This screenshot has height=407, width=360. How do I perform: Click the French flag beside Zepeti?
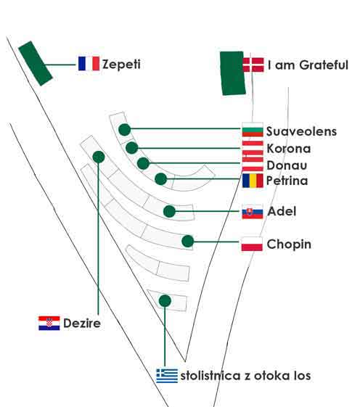(x=89, y=64)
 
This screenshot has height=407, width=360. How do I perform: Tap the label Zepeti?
(x=121, y=65)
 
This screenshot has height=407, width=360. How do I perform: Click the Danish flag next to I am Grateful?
(x=253, y=65)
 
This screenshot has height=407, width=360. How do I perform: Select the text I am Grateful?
(x=308, y=65)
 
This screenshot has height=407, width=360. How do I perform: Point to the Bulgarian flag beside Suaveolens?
(x=253, y=130)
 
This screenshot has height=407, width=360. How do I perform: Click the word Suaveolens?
(x=301, y=131)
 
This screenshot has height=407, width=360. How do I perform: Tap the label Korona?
(x=289, y=149)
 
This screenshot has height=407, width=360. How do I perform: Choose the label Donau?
(x=287, y=165)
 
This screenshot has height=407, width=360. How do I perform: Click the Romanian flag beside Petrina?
(x=253, y=181)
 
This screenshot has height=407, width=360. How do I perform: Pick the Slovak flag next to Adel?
(x=253, y=212)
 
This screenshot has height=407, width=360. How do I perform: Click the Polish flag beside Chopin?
(x=252, y=244)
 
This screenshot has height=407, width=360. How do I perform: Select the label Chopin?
(x=289, y=244)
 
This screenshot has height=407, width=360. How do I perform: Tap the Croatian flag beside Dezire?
(x=49, y=323)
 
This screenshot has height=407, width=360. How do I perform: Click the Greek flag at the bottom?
(x=167, y=376)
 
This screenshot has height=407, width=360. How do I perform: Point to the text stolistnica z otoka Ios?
(x=245, y=376)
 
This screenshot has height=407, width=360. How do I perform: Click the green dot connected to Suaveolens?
(x=125, y=130)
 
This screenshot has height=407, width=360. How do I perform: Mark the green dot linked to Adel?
(x=169, y=211)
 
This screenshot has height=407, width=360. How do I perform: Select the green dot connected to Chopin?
(x=188, y=241)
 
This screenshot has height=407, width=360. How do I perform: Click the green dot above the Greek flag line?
(x=165, y=301)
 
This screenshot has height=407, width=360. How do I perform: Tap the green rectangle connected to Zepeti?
(x=36, y=63)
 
